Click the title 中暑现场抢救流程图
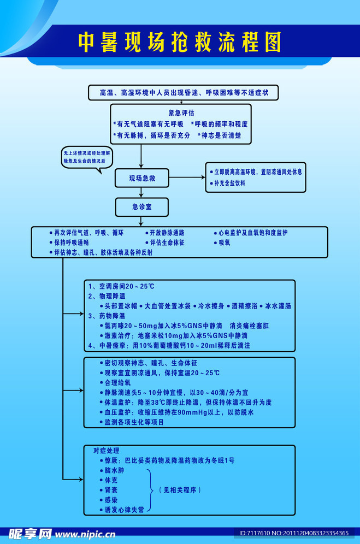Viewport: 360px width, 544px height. coord(180,42)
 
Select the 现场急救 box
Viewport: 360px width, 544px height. coord(141,178)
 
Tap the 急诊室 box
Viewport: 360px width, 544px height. coord(141,206)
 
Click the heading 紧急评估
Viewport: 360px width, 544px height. coord(181,113)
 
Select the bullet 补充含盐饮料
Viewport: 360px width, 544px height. coord(229,184)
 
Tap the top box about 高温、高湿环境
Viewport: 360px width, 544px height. coord(183,93)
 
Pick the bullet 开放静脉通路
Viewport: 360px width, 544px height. coord(166,233)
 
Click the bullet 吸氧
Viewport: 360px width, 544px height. coord(224,243)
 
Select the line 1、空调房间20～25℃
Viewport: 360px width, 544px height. coord(121,286)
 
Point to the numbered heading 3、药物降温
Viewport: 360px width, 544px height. coord(107,316)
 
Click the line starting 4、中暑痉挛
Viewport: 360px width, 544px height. coord(169,346)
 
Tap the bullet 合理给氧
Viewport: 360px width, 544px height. coord(116,382)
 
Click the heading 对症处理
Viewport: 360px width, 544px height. coord(105,451)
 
